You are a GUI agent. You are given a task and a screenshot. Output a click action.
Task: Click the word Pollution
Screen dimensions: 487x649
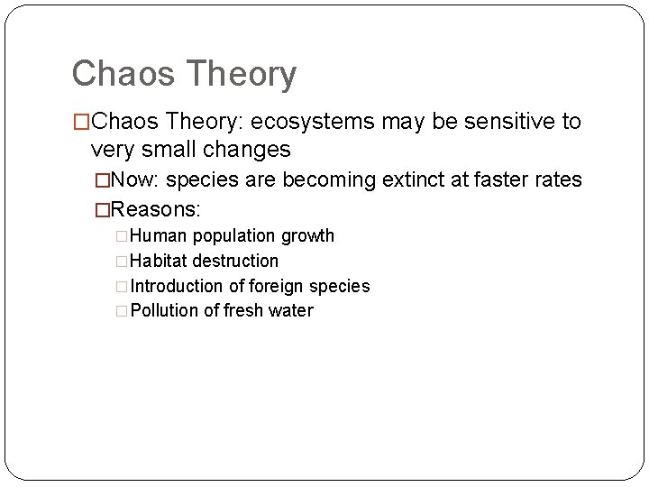165,311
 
